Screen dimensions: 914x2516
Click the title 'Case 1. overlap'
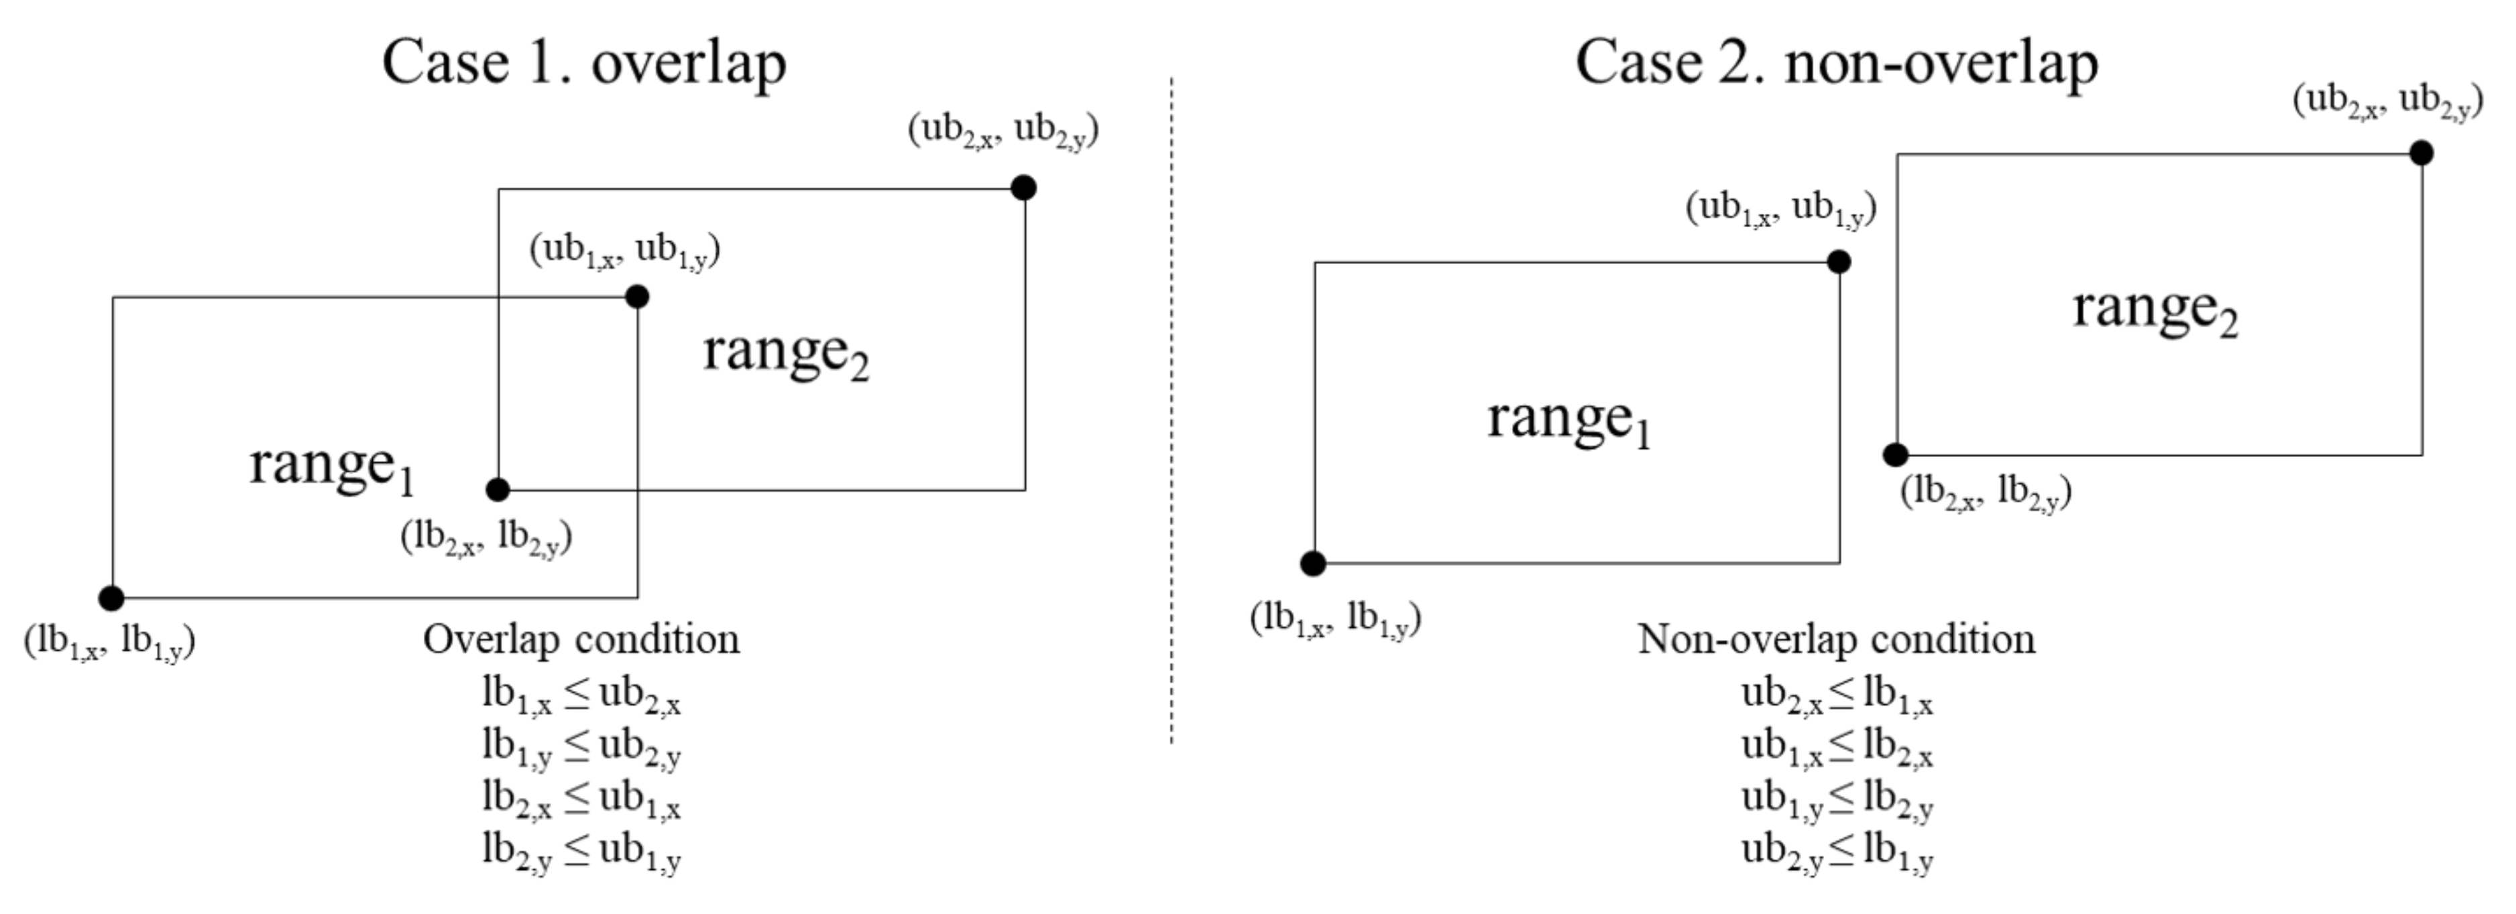[583, 64]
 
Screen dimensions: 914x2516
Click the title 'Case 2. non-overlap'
[1836, 64]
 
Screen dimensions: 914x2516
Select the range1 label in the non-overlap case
[1568, 421]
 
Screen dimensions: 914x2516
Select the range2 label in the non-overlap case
[2155, 310]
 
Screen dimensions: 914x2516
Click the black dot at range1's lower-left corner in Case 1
[111, 598]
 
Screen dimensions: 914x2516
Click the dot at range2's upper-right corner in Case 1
[1023, 188]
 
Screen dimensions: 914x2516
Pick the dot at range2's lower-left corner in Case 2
[1895, 454]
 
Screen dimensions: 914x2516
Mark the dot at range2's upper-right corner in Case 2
[2420, 152]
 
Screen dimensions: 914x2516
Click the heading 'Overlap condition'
[581, 640]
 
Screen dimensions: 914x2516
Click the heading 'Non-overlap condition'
[1836, 640]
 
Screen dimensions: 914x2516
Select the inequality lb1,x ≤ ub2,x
[581, 696]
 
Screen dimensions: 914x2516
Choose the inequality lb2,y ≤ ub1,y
[581, 852]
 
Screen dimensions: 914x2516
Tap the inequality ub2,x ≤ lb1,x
[1836, 696]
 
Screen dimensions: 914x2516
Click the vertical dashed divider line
[1171, 410]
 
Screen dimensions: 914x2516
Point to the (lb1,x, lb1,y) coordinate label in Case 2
[1335, 619]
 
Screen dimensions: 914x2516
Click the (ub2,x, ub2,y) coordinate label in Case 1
[1003, 130]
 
